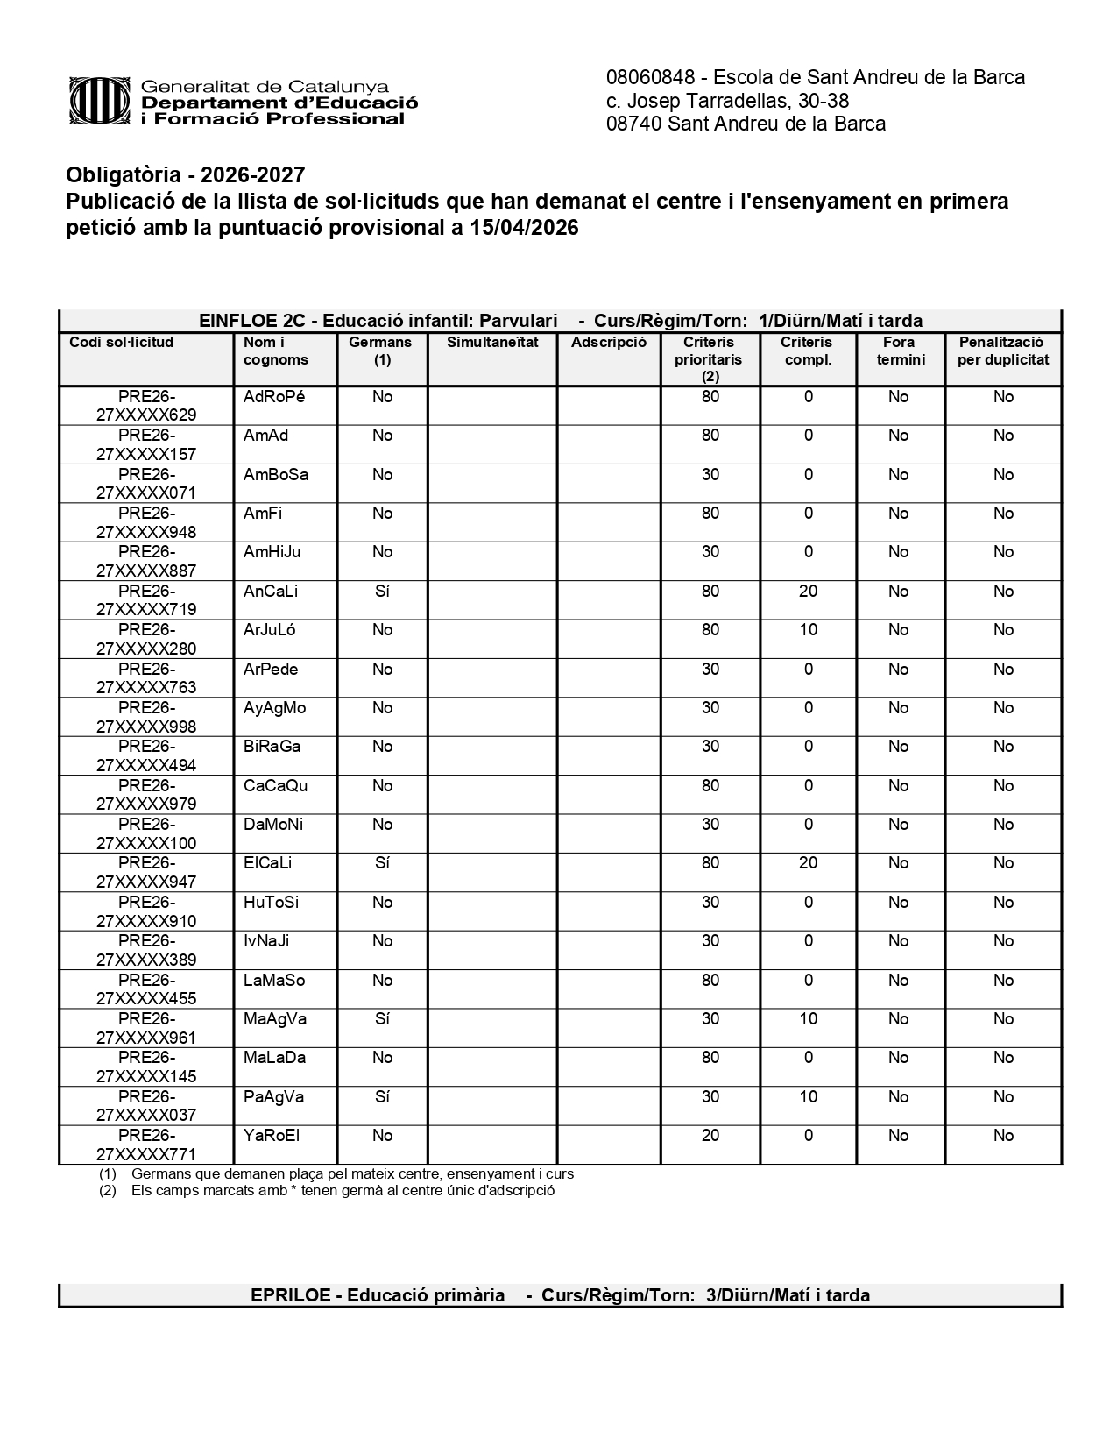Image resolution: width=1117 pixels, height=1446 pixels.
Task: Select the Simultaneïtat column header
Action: point(492,343)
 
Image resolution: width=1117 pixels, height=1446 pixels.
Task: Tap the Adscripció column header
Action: point(608,343)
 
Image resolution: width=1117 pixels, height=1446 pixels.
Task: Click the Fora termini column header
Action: point(900,351)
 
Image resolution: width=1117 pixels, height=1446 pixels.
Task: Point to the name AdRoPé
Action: point(274,397)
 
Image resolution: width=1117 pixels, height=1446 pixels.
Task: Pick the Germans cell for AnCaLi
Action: point(382,592)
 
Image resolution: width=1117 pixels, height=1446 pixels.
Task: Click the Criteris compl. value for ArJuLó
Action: point(808,630)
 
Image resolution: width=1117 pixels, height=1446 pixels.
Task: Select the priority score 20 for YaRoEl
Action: point(710,1136)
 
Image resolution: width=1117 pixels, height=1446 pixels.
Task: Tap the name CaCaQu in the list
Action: point(275,786)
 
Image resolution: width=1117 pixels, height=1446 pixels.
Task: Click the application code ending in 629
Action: point(146,406)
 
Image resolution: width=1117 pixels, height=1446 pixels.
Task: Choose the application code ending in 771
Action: point(146,1145)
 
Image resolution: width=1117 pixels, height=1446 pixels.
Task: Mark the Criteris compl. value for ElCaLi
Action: point(808,863)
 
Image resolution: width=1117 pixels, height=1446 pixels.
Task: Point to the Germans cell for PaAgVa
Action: point(382,1097)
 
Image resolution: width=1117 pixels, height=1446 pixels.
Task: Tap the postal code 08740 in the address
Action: point(633,124)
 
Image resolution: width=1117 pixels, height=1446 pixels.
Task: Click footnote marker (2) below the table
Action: point(107,1191)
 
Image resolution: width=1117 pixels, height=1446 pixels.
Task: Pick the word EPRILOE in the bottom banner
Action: point(290,1295)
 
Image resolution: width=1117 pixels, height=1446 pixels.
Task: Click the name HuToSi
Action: point(271,903)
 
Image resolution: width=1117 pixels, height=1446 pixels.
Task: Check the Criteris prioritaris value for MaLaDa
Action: point(710,1058)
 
